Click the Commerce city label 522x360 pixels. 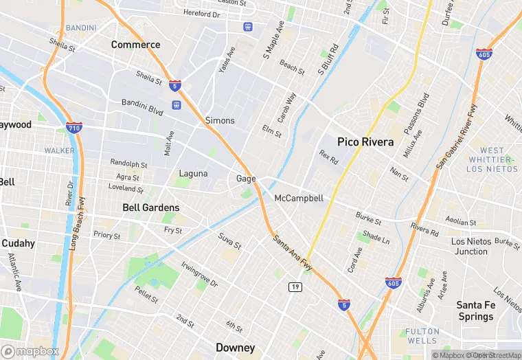(x=135, y=45)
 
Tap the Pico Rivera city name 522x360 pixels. (x=365, y=142)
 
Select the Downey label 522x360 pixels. (x=235, y=348)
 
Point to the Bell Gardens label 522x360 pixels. (x=150, y=207)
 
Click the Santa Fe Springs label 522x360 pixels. (x=475, y=311)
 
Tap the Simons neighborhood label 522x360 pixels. (x=220, y=120)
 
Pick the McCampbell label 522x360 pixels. (x=298, y=199)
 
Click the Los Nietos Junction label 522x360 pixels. (x=470, y=247)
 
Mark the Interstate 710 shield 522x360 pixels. (x=75, y=128)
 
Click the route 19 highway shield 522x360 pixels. (x=295, y=286)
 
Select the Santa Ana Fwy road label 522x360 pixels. (x=293, y=252)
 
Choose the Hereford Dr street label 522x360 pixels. (x=201, y=14)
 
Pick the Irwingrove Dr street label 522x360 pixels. (x=199, y=274)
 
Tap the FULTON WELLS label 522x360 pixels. (x=421, y=336)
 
